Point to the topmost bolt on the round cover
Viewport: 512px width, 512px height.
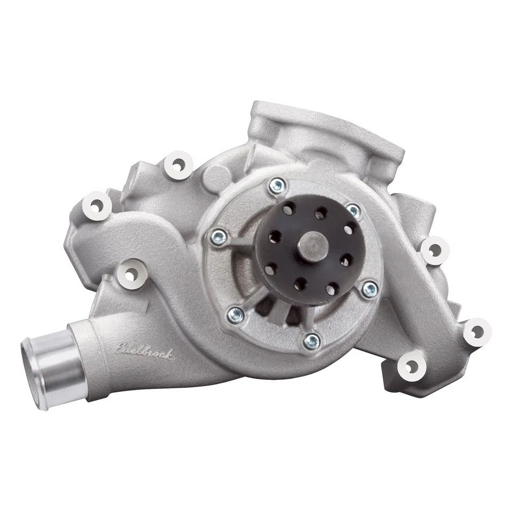pyautogui.click(x=277, y=186)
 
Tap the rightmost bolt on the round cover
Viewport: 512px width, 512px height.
pyautogui.click(x=369, y=290)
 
